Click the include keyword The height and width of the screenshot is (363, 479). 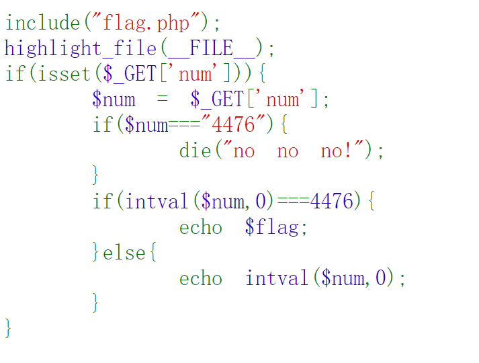click(42, 23)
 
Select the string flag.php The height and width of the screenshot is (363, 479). click(146, 23)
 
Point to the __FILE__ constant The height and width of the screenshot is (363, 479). click(211, 48)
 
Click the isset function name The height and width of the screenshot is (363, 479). click(64, 74)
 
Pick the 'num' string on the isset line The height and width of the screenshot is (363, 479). click(196, 74)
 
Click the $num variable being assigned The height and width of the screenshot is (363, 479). click(114, 99)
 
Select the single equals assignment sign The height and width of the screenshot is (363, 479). click(163, 99)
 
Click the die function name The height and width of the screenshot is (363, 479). click(195, 151)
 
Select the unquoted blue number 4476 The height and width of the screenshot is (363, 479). click(332, 202)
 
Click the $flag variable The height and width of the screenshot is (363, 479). click(272, 227)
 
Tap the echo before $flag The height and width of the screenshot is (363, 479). click(201, 227)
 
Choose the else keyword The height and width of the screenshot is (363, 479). click(124, 253)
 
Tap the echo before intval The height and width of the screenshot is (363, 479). click(201, 278)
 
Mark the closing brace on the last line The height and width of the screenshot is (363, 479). click(8, 329)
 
